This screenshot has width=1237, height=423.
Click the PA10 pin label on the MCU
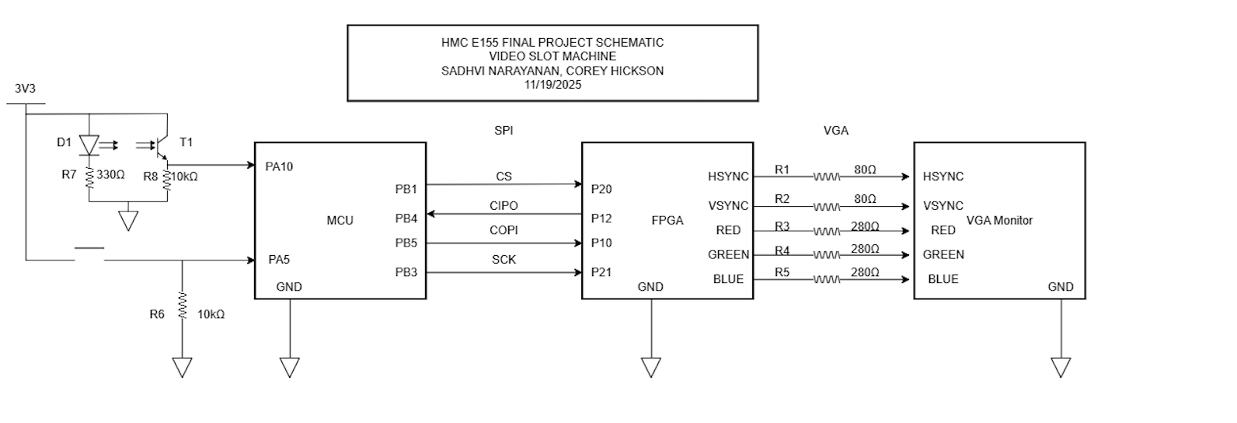click(x=279, y=166)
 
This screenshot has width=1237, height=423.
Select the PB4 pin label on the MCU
click(x=406, y=218)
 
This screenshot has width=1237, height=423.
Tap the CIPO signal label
click(x=504, y=206)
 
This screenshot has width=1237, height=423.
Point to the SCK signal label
click(x=504, y=260)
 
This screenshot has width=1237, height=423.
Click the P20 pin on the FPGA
click(x=601, y=188)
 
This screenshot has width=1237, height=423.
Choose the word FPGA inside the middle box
click(x=667, y=221)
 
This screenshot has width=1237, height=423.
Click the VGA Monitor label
click(x=999, y=221)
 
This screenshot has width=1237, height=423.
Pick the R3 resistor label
click(x=782, y=226)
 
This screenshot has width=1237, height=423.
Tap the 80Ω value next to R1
click(x=865, y=170)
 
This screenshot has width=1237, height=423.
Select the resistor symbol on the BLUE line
click(x=827, y=280)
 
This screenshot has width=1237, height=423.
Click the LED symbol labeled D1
click(x=90, y=145)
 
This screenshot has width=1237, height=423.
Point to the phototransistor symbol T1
click(x=161, y=145)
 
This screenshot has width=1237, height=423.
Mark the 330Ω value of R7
click(x=110, y=176)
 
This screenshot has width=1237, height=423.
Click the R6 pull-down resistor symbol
click(x=182, y=305)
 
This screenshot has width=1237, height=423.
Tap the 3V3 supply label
click(x=25, y=89)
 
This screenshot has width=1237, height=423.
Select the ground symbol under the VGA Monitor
click(x=1061, y=367)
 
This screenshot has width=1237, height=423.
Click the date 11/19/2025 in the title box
click(x=552, y=85)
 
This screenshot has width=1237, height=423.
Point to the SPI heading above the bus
click(x=504, y=131)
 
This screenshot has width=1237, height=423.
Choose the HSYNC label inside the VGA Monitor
click(x=943, y=177)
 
